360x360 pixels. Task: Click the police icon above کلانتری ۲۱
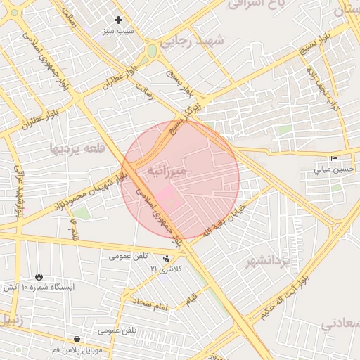click(166, 258)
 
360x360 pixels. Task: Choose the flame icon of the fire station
click(41, 276)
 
